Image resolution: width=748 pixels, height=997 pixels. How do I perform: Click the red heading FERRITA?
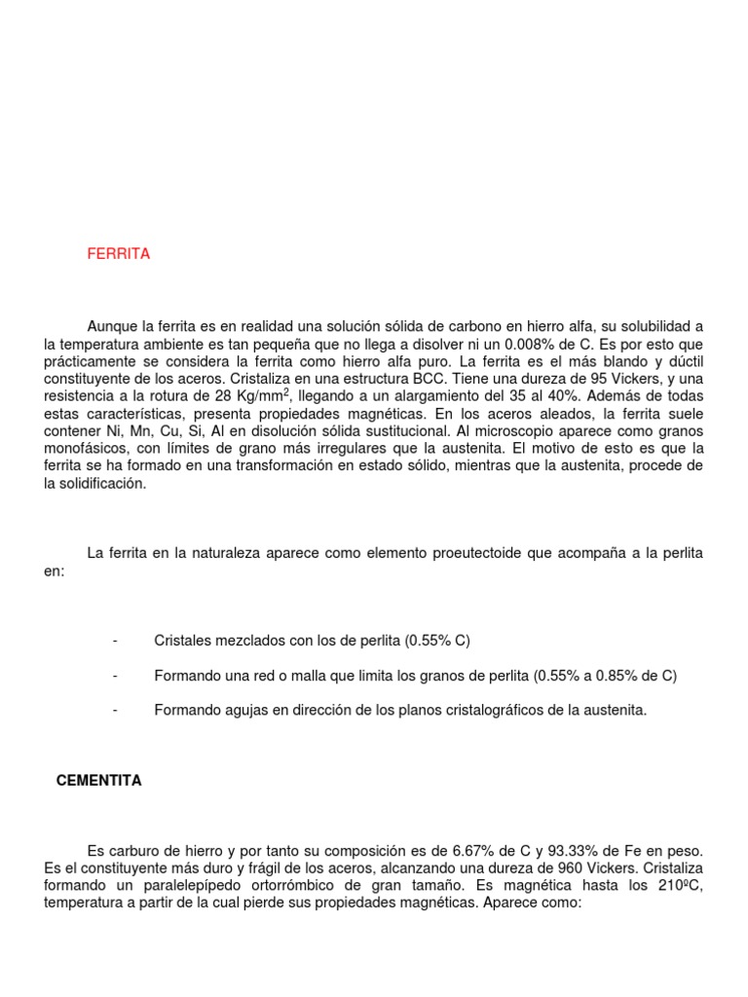tap(119, 254)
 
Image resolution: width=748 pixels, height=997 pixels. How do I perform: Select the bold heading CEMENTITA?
tap(99, 781)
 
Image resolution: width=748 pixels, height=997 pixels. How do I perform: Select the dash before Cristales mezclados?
tap(115, 641)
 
